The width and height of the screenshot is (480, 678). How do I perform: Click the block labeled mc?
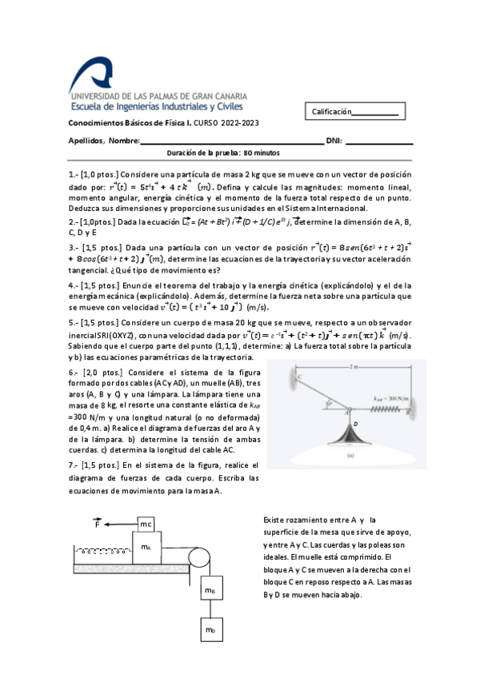tap(146, 524)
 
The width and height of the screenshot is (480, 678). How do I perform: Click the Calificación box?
tap(354, 113)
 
